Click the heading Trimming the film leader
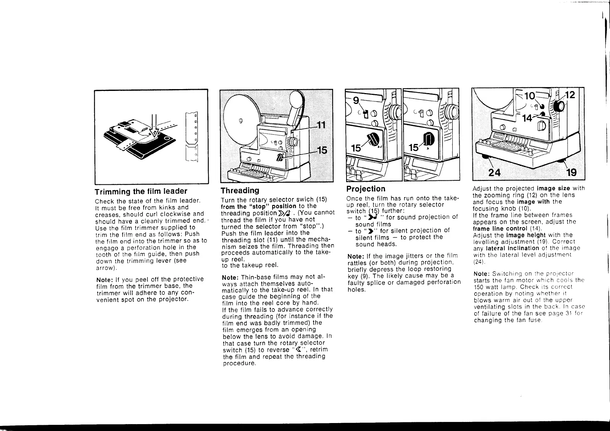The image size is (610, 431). [x=141, y=191]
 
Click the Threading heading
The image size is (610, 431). [x=240, y=191]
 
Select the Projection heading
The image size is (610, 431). [x=366, y=189]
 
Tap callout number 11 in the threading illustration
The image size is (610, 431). [x=321, y=125]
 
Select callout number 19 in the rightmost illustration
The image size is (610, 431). [x=571, y=172]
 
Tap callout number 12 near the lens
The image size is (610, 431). [x=570, y=95]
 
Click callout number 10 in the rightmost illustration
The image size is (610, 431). [x=530, y=96]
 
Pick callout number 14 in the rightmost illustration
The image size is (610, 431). [x=528, y=118]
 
